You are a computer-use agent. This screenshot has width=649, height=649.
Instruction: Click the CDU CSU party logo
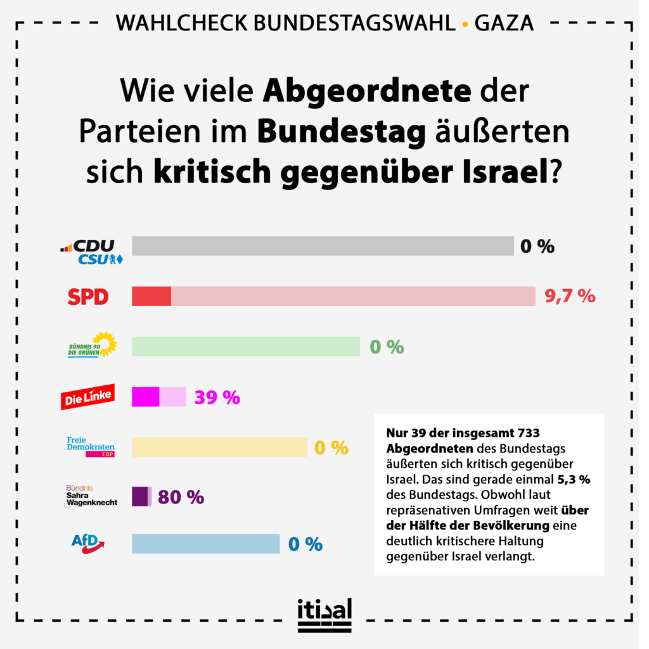click(x=91, y=252)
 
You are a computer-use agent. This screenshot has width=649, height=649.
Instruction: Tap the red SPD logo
click(x=88, y=297)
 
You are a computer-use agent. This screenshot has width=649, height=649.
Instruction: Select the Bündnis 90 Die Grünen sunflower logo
click(x=93, y=345)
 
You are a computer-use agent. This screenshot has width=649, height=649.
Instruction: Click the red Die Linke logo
click(x=87, y=397)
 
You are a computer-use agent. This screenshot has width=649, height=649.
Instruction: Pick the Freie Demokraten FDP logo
click(x=91, y=446)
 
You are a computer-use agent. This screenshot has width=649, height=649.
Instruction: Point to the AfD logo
click(x=87, y=543)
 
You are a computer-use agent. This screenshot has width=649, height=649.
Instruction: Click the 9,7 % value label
click(x=570, y=296)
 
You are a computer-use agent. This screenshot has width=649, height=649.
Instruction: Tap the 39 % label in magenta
click(x=217, y=397)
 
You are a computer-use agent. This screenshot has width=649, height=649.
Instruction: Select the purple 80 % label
click(x=181, y=498)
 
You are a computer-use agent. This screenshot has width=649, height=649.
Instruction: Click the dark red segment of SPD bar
click(x=151, y=296)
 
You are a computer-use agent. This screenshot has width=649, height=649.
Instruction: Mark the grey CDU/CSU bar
click(x=323, y=246)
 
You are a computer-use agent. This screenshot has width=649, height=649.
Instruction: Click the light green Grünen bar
click(x=245, y=347)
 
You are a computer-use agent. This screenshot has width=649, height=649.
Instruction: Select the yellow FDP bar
click(x=219, y=447)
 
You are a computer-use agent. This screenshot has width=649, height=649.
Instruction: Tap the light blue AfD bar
click(x=205, y=544)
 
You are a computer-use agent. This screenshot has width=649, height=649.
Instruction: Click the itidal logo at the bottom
click(x=324, y=615)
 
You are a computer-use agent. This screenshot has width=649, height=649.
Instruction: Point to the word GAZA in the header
click(x=504, y=23)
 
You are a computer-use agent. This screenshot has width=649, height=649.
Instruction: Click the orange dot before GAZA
click(x=465, y=24)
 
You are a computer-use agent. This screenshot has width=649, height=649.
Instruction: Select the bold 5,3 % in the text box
click(x=573, y=479)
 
